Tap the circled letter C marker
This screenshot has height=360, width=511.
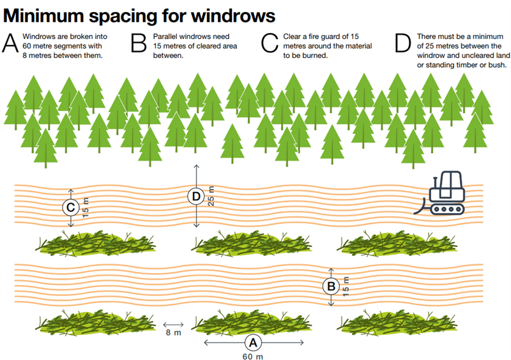[71, 207]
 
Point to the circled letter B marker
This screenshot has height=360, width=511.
[331, 287]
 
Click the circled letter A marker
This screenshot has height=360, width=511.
[253, 342]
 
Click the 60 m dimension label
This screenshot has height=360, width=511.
[253, 356]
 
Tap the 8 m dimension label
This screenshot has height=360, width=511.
[172, 333]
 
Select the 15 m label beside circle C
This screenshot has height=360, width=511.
[87, 207]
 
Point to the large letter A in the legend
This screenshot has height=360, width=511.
[11, 43]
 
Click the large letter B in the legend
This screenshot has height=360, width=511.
[139, 43]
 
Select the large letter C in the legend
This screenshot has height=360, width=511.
[270, 43]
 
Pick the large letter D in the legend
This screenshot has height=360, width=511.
[402, 43]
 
